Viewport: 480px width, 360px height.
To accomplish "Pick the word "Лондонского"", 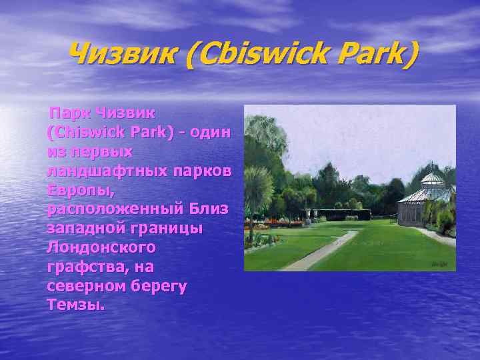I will point(101,247).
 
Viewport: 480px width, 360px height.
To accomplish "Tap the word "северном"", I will point(85,286).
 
